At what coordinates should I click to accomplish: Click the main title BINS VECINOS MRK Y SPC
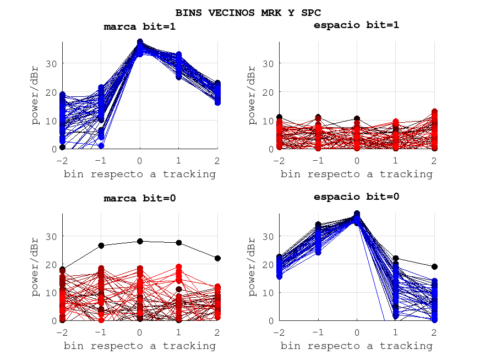tap(248, 12)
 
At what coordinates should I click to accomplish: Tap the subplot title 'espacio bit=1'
tap(356, 25)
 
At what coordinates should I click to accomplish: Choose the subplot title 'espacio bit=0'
tap(356, 197)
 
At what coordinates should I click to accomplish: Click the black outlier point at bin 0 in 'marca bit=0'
tap(140, 241)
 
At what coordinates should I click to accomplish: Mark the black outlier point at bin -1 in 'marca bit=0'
tap(101, 246)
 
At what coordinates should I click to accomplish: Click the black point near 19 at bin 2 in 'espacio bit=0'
tap(434, 266)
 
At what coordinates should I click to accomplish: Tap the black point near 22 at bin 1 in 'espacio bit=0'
tap(395, 258)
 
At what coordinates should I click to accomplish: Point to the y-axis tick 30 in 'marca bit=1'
tap(52, 64)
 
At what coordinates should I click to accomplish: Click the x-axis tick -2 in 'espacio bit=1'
tap(279, 160)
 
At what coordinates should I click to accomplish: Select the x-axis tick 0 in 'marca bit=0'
tap(140, 332)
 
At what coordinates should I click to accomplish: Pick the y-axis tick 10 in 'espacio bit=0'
tap(269, 292)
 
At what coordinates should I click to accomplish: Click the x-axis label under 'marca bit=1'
tap(140, 174)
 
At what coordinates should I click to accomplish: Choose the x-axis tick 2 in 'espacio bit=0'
tap(434, 332)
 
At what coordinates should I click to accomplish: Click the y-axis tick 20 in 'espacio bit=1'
tap(269, 92)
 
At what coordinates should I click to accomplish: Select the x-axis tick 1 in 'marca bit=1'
tap(179, 160)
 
